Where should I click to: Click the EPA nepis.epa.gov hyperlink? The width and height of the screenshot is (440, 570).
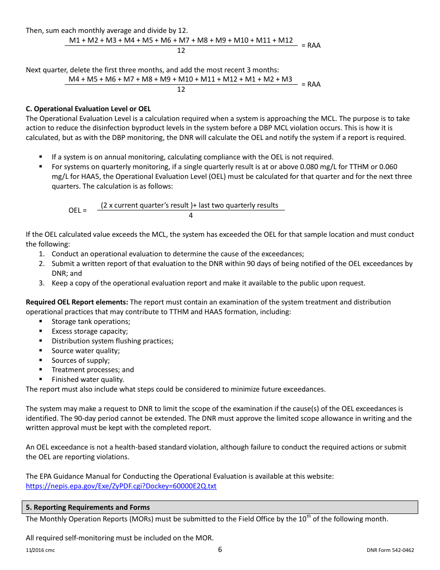(x=121, y=486)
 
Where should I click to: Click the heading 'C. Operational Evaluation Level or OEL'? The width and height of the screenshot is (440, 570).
(x=88, y=109)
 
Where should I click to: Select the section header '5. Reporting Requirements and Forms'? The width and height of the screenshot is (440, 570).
(x=88, y=507)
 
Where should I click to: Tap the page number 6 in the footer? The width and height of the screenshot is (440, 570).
(x=220, y=550)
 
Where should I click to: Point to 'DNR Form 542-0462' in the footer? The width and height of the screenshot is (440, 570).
(x=390, y=551)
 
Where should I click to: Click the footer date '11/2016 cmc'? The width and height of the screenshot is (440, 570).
(x=40, y=551)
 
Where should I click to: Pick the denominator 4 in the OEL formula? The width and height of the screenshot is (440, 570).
(x=191, y=215)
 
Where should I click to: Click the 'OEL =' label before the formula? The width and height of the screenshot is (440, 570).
(x=77, y=210)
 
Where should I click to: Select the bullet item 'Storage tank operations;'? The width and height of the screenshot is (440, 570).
(x=91, y=322)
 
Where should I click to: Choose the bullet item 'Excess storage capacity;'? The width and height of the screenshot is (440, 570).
(x=90, y=331)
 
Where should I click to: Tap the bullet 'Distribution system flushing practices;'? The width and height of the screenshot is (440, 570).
(x=113, y=341)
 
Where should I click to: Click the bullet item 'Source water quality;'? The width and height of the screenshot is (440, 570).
(x=86, y=351)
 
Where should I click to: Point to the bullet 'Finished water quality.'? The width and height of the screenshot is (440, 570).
(x=88, y=380)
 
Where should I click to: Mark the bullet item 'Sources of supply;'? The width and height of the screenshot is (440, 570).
(x=81, y=361)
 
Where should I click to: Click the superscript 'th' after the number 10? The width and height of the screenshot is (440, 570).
(x=308, y=517)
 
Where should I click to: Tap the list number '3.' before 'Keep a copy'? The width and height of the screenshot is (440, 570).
(x=42, y=283)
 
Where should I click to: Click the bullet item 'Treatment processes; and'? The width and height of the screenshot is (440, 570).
(x=93, y=370)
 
